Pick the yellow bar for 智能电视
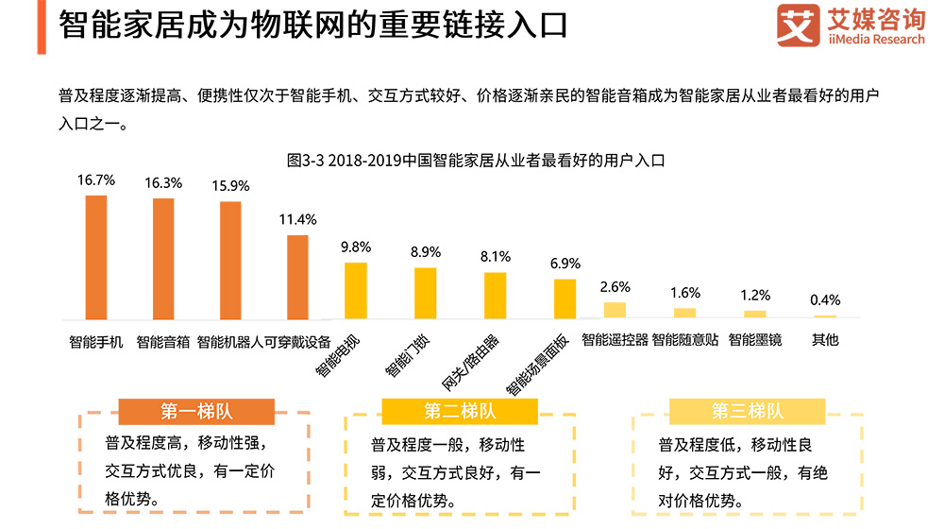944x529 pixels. click(x=355, y=290)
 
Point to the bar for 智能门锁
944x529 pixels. click(x=426, y=293)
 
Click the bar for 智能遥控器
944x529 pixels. click(x=615, y=310)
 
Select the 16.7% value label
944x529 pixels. click(x=96, y=179)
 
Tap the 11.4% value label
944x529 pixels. click(x=297, y=219)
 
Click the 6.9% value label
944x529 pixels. click(x=565, y=264)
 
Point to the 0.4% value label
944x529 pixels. click(x=825, y=299)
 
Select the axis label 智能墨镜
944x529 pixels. click(x=754, y=340)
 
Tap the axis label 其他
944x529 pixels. click(x=825, y=340)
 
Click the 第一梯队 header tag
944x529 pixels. click(x=196, y=411)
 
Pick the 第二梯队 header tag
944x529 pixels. click(x=460, y=411)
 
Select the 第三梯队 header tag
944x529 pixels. click(x=748, y=411)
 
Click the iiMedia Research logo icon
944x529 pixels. click(x=797, y=26)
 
